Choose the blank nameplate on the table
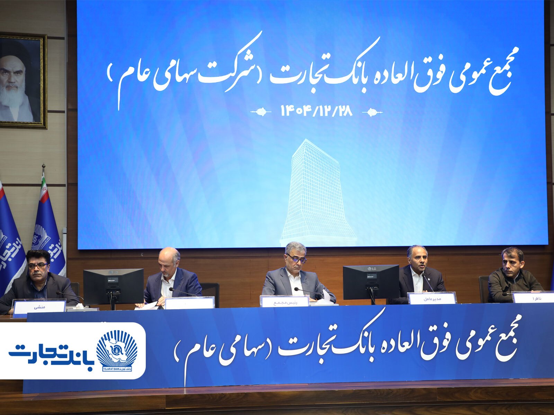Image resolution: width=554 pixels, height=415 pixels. pos(189,303)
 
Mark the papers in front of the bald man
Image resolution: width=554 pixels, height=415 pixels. pos(147,306)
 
